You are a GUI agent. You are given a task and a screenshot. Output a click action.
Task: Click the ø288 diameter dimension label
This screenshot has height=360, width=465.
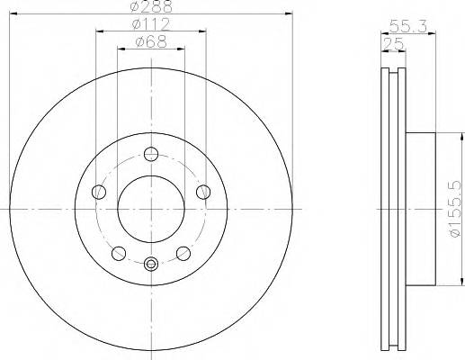coord(151,7)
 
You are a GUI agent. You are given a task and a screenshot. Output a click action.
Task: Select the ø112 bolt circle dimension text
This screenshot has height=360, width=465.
coord(151,23)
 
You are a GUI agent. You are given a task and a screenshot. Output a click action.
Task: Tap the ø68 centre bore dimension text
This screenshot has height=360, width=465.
coord(151,40)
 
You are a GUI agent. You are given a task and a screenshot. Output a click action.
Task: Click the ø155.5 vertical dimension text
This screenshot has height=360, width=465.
coord(454,208)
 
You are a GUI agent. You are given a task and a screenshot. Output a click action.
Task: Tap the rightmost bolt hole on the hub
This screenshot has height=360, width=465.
coord(203,190)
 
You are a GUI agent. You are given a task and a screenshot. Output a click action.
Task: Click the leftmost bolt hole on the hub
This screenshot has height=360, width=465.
coord(98,191)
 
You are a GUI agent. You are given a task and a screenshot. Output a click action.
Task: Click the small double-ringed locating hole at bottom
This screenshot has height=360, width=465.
coord(151,263)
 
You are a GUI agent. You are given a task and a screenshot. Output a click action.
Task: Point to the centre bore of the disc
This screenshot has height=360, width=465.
coord(151,207)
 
